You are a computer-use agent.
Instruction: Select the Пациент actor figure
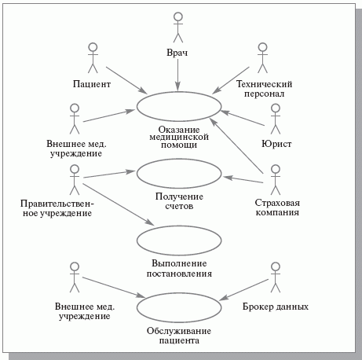click(93, 58)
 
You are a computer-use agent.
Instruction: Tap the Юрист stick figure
click(276, 119)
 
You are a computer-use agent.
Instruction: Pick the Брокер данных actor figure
click(276, 277)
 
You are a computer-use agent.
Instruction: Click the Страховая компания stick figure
click(276, 180)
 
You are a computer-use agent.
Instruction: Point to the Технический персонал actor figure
click(262, 58)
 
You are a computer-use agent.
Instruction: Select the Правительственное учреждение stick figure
click(75, 180)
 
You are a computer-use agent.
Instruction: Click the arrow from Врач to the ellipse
click(177, 75)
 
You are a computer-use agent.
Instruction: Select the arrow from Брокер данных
click(243, 290)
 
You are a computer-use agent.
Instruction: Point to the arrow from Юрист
click(243, 118)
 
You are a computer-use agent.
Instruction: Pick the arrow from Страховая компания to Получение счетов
click(243, 179)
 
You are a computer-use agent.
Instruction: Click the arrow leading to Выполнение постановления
click(119, 204)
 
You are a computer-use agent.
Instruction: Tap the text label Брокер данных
click(276, 307)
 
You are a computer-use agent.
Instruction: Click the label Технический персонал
click(264, 89)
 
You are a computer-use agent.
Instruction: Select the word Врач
click(177, 53)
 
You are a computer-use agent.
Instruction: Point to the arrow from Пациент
click(127, 80)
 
